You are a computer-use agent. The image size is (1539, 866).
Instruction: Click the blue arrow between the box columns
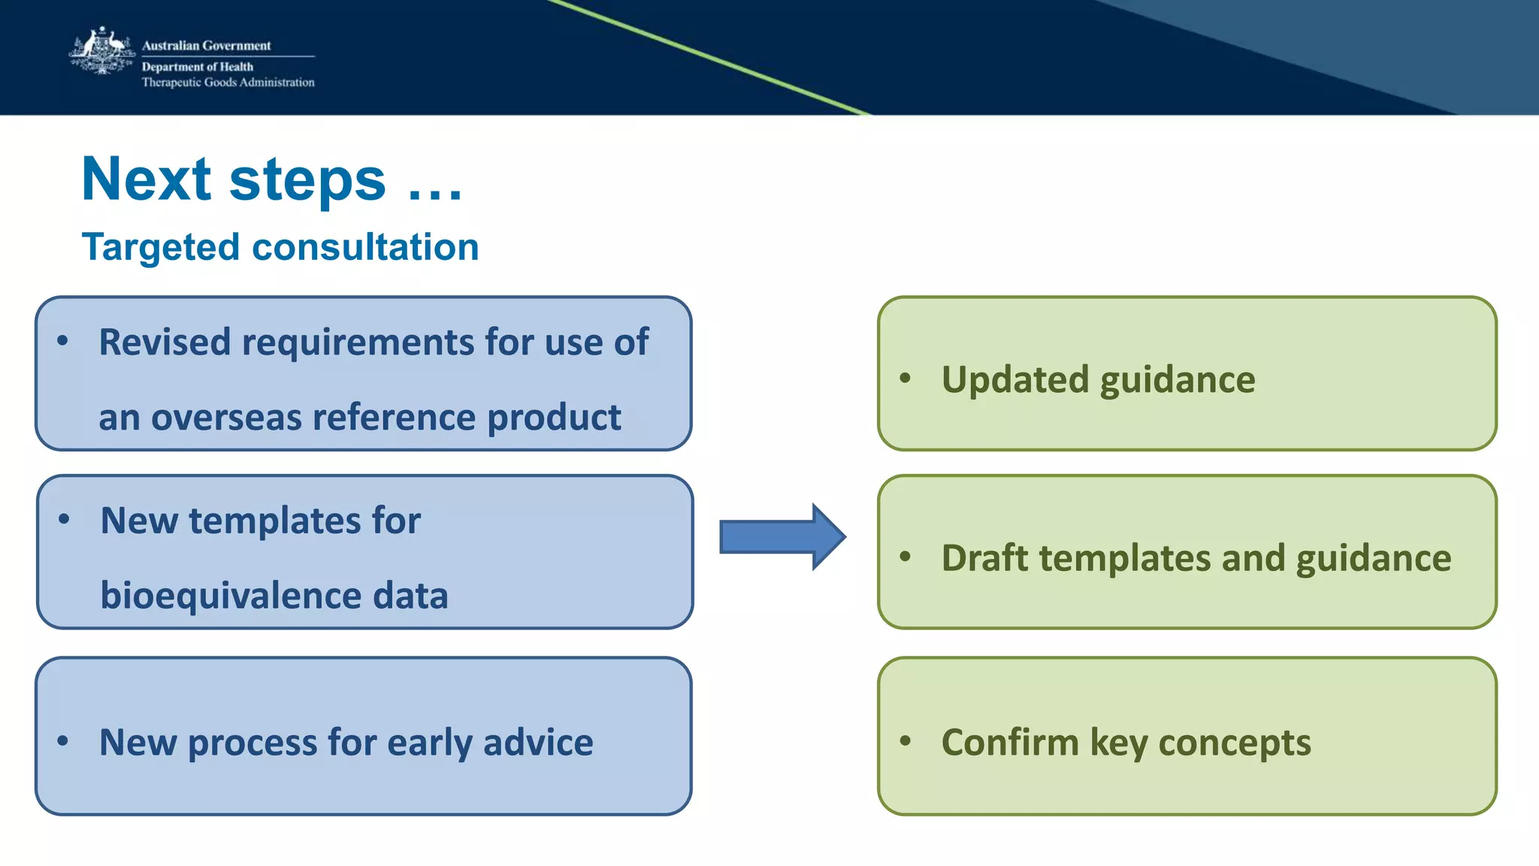pyautogui.click(x=782, y=537)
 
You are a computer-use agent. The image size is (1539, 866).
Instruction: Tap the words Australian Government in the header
pyautogui.click(x=207, y=46)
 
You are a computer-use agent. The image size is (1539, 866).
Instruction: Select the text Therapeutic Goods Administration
pyautogui.click(x=228, y=83)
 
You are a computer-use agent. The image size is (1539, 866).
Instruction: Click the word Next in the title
pyautogui.click(x=147, y=180)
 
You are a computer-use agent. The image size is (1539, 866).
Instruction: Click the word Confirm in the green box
pyautogui.click(x=1010, y=743)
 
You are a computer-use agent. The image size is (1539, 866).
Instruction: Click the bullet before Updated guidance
pyautogui.click(x=906, y=379)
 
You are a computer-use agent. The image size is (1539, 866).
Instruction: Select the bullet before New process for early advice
pyautogui.click(x=63, y=741)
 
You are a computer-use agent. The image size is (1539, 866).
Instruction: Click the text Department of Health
pyautogui.click(x=198, y=67)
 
